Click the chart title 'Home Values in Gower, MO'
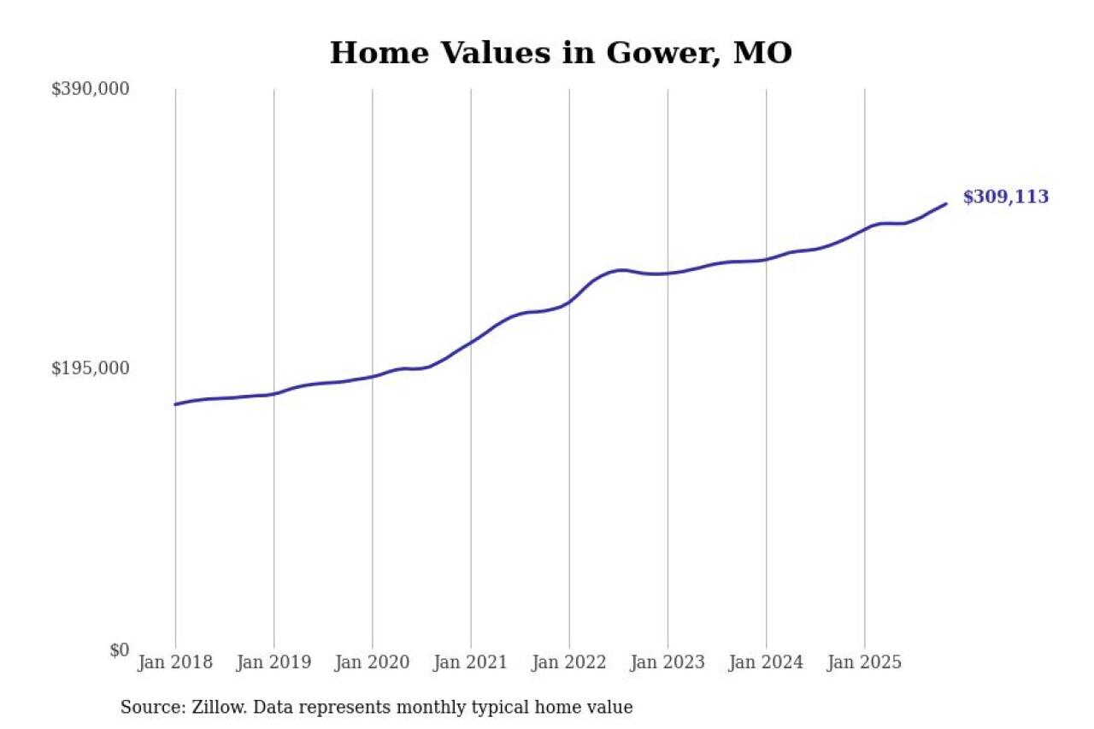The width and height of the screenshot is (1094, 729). (561, 53)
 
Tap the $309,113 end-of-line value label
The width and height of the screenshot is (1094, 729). (1005, 197)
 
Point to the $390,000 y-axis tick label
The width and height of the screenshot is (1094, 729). (91, 89)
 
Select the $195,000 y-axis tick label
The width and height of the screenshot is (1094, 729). (91, 368)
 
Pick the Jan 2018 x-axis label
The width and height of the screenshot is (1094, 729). (175, 662)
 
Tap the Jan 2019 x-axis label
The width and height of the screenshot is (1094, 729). (273, 662)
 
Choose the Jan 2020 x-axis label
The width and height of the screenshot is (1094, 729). (373, 662)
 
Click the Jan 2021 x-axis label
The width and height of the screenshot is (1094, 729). (471, 662)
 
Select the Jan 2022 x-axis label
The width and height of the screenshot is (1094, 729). (569, 662)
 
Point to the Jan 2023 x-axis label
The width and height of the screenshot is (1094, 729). (668, 662)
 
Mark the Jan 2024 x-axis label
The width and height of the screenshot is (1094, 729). (766, 662)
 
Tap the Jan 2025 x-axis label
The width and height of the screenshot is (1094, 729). (865, 662)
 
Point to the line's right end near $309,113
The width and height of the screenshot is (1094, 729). (945, 203)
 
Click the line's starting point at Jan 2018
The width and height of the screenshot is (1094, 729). (175, 404)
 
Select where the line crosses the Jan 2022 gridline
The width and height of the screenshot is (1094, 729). (569, 301)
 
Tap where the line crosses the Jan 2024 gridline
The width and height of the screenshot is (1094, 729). (766, 259)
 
